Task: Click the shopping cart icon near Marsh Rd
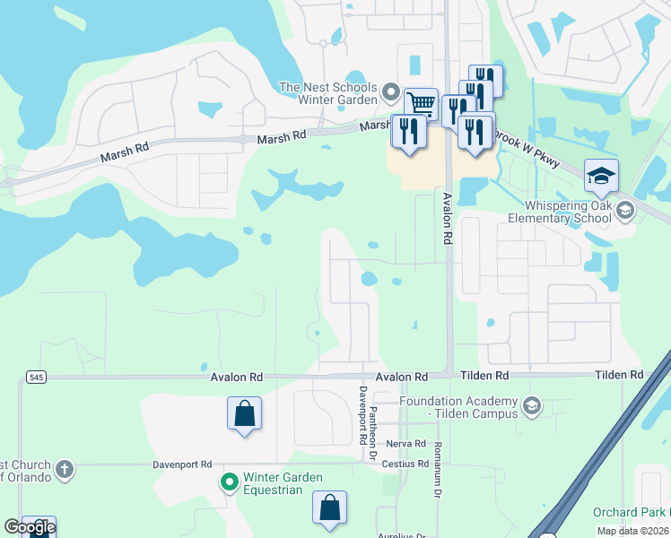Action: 420,103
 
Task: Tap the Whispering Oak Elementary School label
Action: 559,212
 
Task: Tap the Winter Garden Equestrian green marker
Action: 230,483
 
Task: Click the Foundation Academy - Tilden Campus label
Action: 459,407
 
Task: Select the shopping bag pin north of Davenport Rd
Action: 244,413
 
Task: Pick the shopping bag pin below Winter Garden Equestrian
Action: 330,508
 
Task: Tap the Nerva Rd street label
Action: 405,444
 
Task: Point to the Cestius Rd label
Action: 405,464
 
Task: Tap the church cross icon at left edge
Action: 64,469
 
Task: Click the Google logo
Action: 30,527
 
